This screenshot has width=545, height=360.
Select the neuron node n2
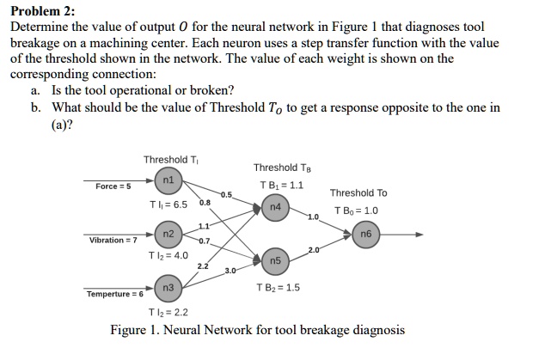[168, 234]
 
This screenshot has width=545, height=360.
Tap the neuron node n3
[168, 287]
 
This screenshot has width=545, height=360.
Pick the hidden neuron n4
[274, 207]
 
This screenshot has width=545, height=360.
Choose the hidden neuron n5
[275, 260]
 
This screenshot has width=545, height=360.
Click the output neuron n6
[366, 233]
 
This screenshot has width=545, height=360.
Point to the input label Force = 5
[113, 186]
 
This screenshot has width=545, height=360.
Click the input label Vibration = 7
[113, 240]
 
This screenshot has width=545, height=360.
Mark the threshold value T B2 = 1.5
[279, 287]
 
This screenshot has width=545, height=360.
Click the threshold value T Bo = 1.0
[358, 211]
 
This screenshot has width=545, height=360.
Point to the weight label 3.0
[230, 272]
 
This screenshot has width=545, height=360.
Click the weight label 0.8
[204, 204]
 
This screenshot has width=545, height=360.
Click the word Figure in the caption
[131, 330]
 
